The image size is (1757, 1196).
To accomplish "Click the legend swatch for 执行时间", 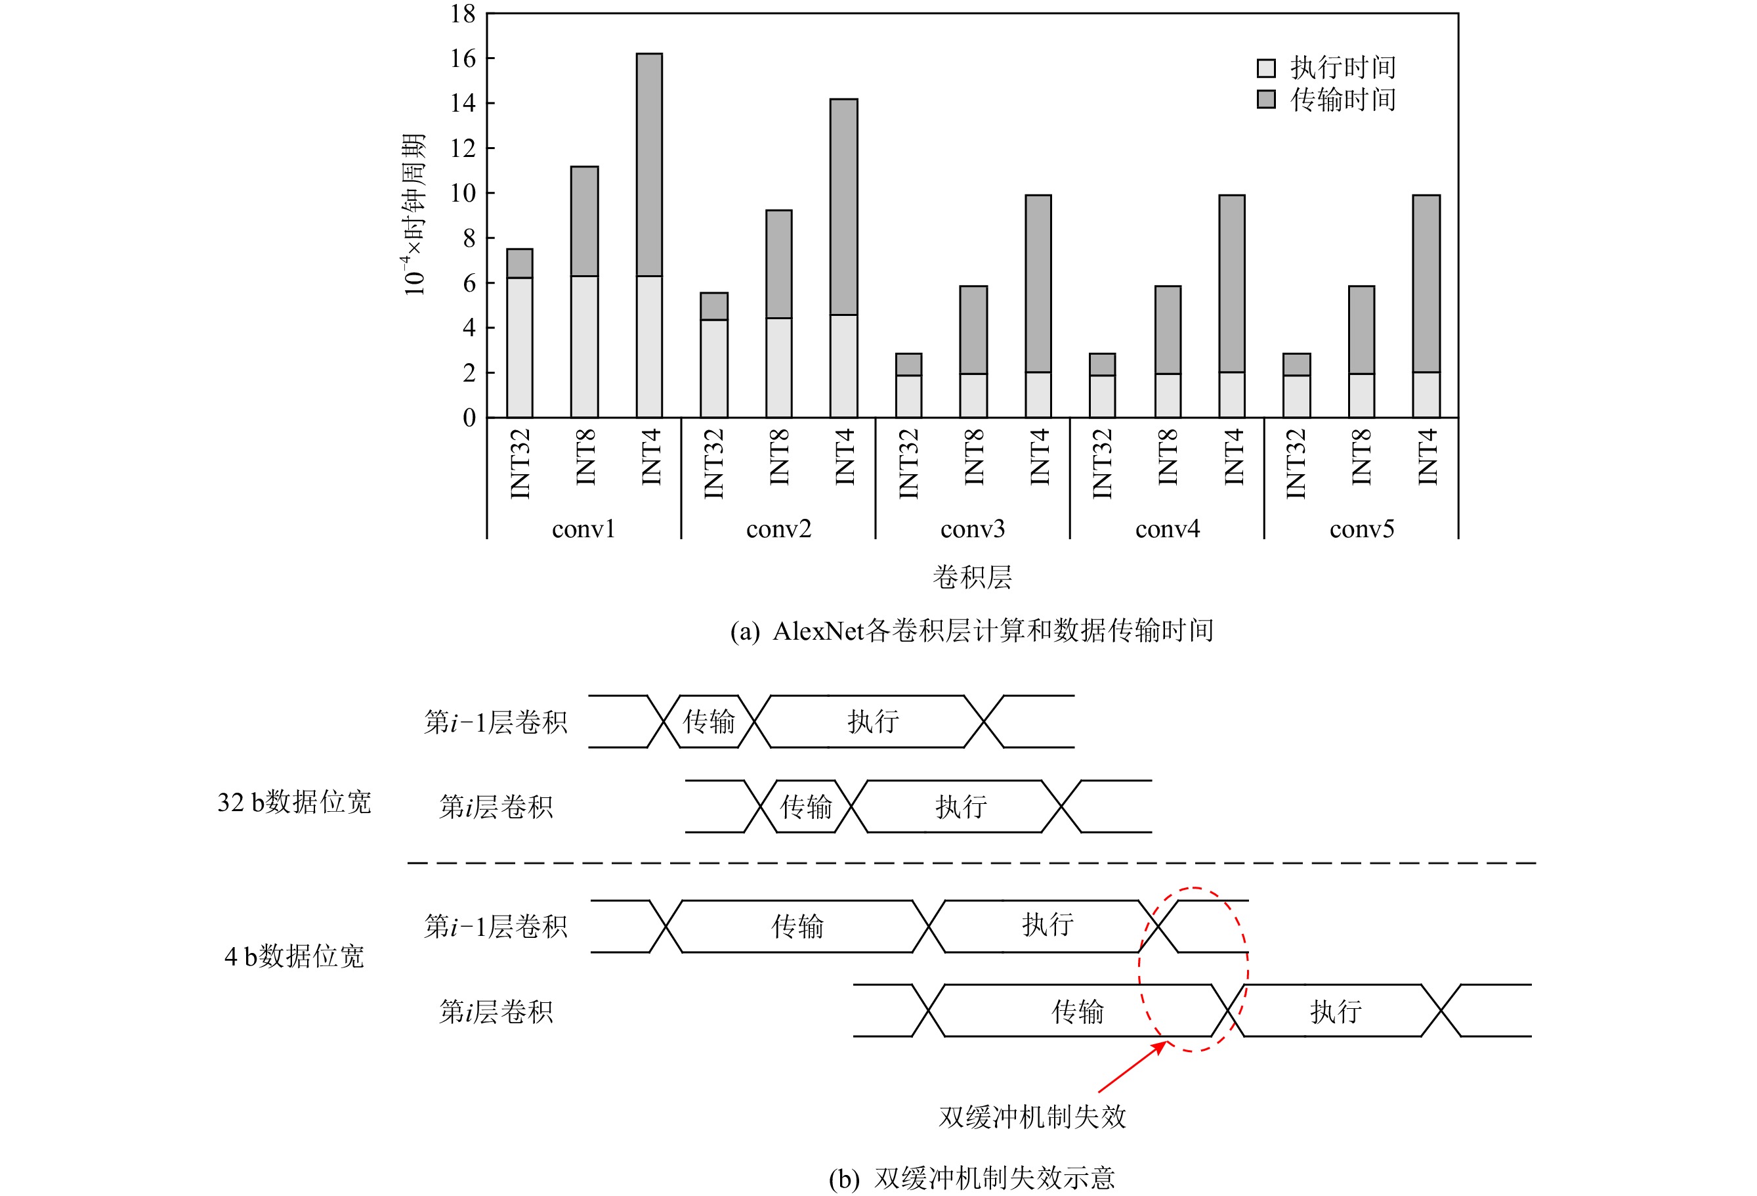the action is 1266,68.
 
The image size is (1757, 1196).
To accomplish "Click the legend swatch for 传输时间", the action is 1266,99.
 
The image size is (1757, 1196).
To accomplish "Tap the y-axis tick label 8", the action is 469,238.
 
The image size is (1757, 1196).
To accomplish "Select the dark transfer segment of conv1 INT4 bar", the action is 649,165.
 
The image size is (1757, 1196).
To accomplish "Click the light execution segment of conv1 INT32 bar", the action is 519,348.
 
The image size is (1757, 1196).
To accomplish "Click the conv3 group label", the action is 973,529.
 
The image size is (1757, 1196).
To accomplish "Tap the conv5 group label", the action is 1362,529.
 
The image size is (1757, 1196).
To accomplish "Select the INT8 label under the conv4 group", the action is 1168,457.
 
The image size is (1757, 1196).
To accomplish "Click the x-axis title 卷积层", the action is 972,577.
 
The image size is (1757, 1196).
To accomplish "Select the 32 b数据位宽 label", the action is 294,803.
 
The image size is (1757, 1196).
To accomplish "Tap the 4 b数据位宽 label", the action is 294,957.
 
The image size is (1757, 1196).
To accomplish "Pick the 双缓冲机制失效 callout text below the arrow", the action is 1032,1117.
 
